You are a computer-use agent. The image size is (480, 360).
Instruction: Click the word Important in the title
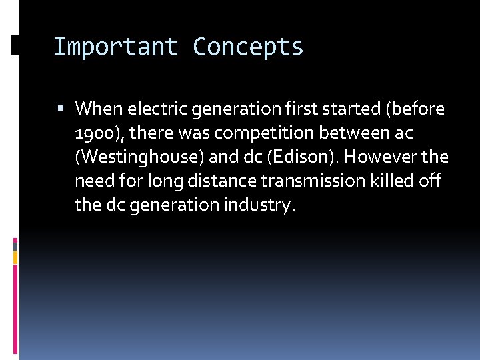pos(116,47)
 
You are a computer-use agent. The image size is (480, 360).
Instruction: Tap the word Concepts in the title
pos(248,47)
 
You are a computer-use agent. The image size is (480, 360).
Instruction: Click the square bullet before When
pos(61,108)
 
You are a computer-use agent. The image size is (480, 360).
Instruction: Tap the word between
pos(355,133)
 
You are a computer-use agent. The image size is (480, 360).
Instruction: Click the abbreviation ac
pos(403,133)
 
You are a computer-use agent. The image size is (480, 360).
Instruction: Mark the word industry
pos(258,205)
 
